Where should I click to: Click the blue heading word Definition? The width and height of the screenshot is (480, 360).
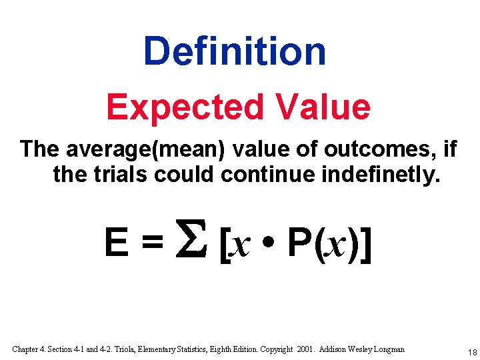[x=235, y=51]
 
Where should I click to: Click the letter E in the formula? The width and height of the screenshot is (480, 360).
[x=117, y=243]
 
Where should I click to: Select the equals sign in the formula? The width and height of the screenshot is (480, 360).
[x=151, y=244]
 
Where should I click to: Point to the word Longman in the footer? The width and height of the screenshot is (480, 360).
[x=386, y=349]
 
